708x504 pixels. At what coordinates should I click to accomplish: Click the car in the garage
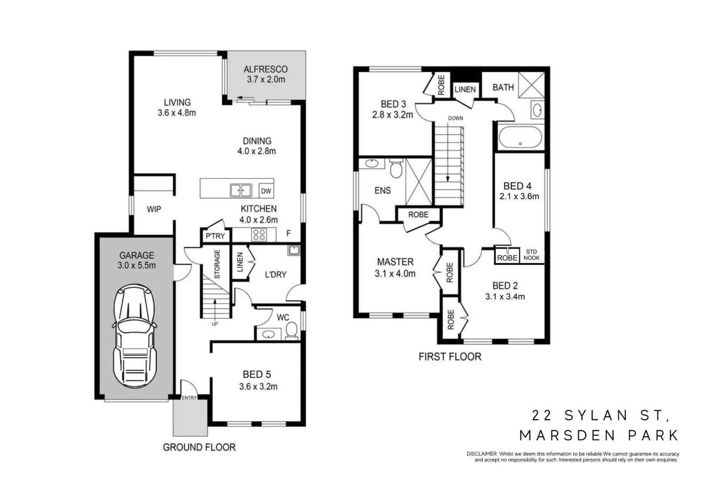[135, 336]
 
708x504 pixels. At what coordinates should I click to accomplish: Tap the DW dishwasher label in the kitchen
[266, 191]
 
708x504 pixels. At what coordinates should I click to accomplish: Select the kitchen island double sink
[241, 190]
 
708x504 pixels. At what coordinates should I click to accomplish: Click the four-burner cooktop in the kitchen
[259, 235]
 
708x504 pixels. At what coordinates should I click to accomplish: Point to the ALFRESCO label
[265, 70]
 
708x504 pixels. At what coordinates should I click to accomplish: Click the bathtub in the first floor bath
[520, 137]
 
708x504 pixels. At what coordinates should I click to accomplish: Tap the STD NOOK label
[531, 255]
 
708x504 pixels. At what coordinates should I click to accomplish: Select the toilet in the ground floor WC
[291, 329]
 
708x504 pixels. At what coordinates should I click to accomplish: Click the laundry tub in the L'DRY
[293, 250]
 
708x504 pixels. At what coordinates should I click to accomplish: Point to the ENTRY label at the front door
[189, 398]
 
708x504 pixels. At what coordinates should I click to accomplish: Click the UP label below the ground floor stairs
[215, 324]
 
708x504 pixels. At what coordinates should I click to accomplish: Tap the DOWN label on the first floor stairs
[455, 118]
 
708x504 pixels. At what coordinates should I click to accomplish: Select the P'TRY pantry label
[215, 236]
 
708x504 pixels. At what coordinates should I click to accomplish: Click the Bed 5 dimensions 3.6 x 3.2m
[258, 386]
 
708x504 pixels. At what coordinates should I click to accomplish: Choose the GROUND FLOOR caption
[199, 447]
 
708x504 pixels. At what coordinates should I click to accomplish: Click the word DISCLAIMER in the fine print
[481, 454]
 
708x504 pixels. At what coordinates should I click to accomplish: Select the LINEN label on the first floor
[465, 89]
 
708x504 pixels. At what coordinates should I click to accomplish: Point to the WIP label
[154, 210]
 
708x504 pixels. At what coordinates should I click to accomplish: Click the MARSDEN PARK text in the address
[599, 435]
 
